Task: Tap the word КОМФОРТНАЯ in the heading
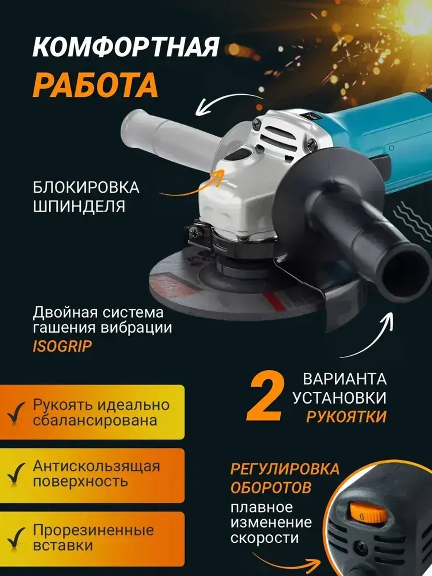pos(126,47)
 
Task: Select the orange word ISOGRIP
pos(62,347)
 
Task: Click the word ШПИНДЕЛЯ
pos(79,206)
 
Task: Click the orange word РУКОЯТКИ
pos(346,417)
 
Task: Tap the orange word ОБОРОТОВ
pos(270,487)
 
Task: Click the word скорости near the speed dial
pos(264,538)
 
